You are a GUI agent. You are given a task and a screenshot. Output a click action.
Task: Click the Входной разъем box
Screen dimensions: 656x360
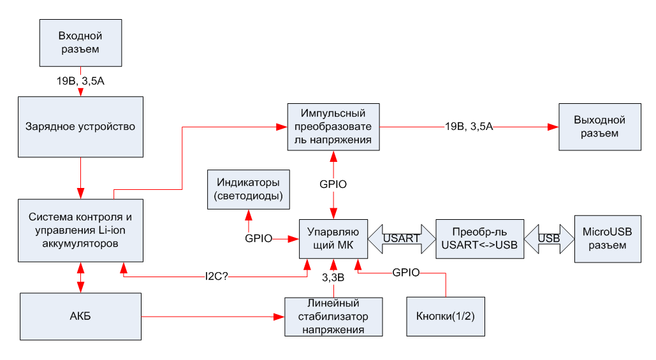click(x=81, y=43)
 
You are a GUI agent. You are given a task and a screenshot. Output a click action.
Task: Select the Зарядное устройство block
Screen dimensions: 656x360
click(x=81, y=127)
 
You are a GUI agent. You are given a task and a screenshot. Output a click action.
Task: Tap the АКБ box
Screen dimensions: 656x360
click(x=81, y=317)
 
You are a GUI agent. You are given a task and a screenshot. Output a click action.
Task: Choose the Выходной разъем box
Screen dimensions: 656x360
click(x=600, y=127)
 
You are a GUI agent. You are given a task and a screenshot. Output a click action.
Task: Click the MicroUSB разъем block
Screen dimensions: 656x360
click(x=608, y=239)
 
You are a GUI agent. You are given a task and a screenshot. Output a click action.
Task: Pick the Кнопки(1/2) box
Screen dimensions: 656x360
click(x=446, y=317)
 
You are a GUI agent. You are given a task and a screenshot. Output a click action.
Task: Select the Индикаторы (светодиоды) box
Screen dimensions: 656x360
click(x=249, y=189)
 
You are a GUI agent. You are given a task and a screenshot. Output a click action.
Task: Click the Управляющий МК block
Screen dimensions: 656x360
click(x=333, y=239)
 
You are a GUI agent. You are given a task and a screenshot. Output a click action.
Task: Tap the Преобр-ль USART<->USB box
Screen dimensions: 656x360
click(x=480, y=239)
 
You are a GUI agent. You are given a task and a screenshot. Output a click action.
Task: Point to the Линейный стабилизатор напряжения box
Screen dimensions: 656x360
click(x=333, y=317)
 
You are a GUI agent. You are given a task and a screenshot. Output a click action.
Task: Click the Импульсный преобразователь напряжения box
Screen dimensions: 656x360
click(x=333, y=127)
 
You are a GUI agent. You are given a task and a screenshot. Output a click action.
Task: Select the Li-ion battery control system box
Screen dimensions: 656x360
click(x=81, y=231)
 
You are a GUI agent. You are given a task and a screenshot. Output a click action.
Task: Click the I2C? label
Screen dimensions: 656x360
click(x=216, y=277)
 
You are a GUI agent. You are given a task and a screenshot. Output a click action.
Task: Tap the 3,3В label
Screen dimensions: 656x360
click(x=333, y=277)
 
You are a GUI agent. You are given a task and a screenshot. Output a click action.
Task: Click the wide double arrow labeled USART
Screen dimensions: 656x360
click(x=402, y=239)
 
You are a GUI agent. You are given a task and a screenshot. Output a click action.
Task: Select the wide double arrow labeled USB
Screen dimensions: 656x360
click(x=550, y=239)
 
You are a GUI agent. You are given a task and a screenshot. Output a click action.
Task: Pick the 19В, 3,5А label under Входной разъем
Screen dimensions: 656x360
click(x=80, y=81)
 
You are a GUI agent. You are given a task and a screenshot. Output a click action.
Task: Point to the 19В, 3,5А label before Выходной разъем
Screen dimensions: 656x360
click(x=469, y=126)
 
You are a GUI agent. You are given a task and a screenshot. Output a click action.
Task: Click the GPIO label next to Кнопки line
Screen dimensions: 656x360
click(x=406, y=273)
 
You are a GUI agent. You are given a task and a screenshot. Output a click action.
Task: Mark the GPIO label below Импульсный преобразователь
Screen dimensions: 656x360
click(x=333, y=184)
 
